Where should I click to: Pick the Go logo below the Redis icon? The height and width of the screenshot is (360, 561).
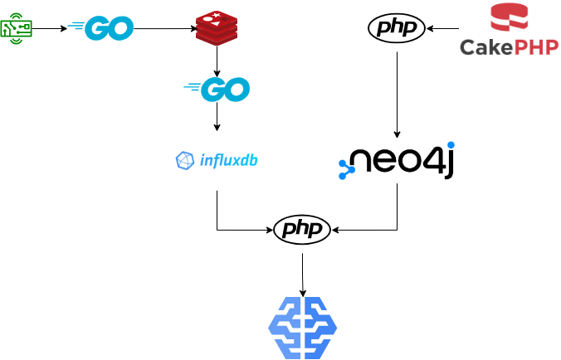point(217,88)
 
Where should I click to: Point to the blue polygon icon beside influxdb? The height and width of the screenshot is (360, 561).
point(185,161)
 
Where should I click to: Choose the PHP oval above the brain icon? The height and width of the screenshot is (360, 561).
point(302,228)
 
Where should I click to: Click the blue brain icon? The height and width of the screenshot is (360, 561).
point(302,328)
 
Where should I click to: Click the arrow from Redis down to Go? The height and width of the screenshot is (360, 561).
point(217,60)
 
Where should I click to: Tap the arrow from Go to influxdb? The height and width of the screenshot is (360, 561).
point(217,118)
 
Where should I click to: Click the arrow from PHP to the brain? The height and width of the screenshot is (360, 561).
point(302,274)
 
